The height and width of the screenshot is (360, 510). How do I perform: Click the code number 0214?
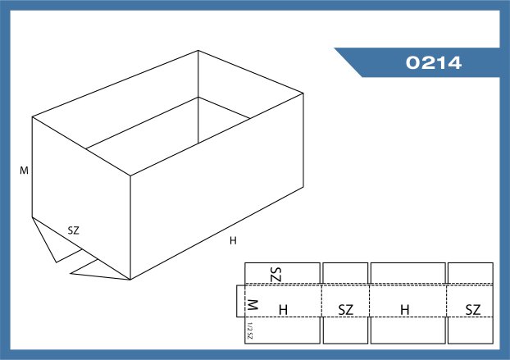pyautogui.click(x=434, y=62)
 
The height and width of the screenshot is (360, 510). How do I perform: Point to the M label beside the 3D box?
pyautogui.click(x=24, y=171)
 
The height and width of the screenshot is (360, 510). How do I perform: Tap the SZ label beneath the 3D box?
pyautogui.click(x=74, y=230)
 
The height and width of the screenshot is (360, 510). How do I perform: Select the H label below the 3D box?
pyautogui.click(x=233, y=240)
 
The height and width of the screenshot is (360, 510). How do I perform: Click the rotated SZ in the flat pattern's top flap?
pyautogui.click(x=275, y=275)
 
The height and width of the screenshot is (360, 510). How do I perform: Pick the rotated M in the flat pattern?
pyautogui.click(x=253, y=305)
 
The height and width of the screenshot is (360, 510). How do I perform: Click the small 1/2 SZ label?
pyautogui.click(x=249, y=330)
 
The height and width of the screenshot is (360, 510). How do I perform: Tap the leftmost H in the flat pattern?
pyautogui.click(x=284, y=310)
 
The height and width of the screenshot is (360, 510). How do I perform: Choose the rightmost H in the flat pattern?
pyautogui.click(x=405, y=310)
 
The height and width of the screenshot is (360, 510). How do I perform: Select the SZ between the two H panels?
pyautogui.click(x=346, y=310)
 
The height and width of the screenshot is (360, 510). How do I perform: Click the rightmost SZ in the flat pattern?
pyautogui.click(x=473, y=310)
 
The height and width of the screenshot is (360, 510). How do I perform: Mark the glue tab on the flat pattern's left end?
pyautogui.click(x=241, y=301)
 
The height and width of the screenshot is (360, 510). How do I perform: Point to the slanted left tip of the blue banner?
pyautogui.click(x=335, y=48)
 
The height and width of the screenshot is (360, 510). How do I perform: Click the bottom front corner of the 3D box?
pyautogui.click(x=130, y=280)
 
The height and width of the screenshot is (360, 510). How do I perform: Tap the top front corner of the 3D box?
pyautogui.click(x=130, y=176)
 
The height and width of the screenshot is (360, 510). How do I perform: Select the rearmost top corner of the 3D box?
pyautogui.click(x=198, y=50)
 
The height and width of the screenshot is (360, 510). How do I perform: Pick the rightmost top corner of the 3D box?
pyautogui.click(x=303, y=93)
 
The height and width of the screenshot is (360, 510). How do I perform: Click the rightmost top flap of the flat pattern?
pyautogui.click(x=471, y=273)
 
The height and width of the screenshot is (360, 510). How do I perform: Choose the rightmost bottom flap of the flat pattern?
pyautogui.click(x=471, y=330)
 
